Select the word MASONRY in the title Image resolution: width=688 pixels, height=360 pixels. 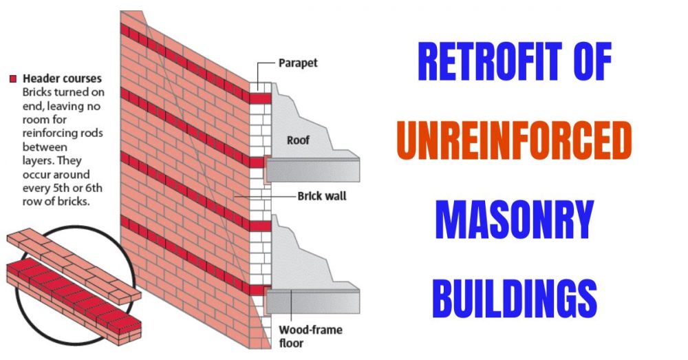click(515, 220)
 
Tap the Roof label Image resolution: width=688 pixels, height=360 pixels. click(298, 140)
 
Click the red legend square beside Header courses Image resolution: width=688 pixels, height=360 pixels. click(12, 79)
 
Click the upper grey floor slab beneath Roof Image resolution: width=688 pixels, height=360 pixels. click(313, 168)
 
